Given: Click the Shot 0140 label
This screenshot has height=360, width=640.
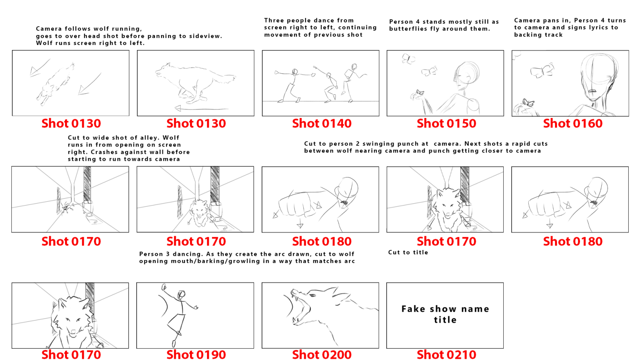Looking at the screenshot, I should coord(322,123).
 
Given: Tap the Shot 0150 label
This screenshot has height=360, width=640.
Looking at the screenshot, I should coord(446,123).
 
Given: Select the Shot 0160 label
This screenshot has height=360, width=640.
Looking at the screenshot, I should coord(572,123).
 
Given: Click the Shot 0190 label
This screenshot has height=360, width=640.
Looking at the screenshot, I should coord(196,355).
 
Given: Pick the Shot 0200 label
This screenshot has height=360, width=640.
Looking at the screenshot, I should coord(322,355).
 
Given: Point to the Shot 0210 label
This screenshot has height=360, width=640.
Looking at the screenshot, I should coord(446,355).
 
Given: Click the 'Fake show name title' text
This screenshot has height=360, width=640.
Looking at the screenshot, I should coord(445,314).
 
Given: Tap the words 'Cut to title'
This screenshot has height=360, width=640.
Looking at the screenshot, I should coord(408,252).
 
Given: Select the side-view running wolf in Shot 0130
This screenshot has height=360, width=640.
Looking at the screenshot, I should coord(194,82).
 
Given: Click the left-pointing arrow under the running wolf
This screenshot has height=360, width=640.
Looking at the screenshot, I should coord(200,109).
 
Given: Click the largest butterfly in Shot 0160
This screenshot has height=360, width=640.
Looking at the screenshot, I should coord(542,71).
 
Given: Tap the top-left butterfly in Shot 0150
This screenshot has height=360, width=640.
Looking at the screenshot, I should coord(408,59).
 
